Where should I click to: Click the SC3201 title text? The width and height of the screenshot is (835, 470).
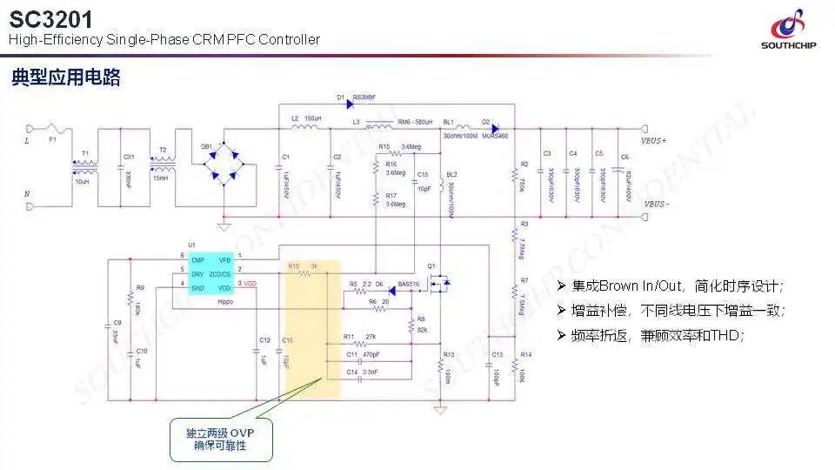coord(51,18)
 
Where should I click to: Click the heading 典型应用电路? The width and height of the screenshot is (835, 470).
coord(66,77)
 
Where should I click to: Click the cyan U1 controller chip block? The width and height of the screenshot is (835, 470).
coord(210,272)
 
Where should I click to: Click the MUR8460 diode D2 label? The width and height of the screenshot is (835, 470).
coord(495,136)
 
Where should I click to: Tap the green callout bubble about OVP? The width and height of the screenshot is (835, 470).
coord(220,439)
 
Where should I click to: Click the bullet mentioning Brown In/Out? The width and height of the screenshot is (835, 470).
coord(678,286)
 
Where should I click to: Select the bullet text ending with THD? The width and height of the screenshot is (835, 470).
coord(657,336)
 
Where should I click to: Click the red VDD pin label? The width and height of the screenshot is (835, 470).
coord(250,284)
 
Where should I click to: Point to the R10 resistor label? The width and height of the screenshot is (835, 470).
coord(294,265)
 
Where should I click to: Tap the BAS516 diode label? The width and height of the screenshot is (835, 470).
coord(408,284)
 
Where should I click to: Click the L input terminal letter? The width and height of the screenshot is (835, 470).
coord(27,139)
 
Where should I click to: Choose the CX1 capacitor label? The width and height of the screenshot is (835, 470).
coord(130,157)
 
